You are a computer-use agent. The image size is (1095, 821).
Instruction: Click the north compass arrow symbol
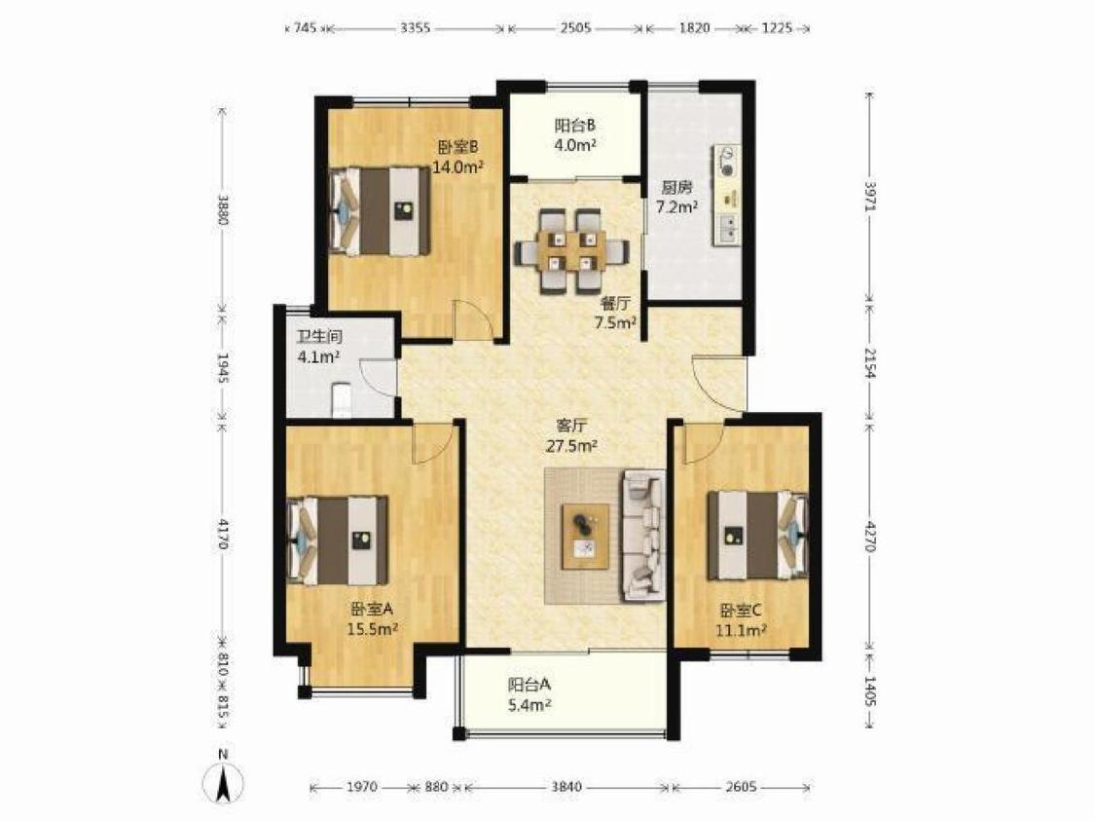[223, 779]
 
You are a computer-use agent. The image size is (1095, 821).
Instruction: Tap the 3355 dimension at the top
[416, 28]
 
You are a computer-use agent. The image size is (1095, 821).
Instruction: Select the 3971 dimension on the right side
[869, 197]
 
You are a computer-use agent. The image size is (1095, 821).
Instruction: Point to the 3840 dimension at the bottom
[566, 787]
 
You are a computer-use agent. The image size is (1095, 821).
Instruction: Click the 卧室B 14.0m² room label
[458, 157]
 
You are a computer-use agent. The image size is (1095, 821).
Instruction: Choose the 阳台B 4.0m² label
[575, 135]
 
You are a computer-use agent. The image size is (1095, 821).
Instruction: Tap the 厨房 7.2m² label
[677, 198]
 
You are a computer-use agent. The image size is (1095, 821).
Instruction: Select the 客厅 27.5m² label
[571, 436]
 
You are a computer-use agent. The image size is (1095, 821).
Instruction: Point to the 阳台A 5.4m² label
[530, 695]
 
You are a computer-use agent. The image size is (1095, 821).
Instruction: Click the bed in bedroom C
[757, 536]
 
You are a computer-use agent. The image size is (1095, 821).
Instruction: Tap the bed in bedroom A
[339, 541]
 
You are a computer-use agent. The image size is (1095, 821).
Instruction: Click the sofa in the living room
[643, 536]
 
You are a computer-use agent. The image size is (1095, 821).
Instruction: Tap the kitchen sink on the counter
[727, 227]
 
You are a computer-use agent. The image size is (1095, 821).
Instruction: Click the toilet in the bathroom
[341, 399]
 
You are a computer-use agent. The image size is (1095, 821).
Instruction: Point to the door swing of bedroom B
[472, 319]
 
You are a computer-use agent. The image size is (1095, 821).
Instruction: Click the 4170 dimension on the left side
[223, 533]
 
